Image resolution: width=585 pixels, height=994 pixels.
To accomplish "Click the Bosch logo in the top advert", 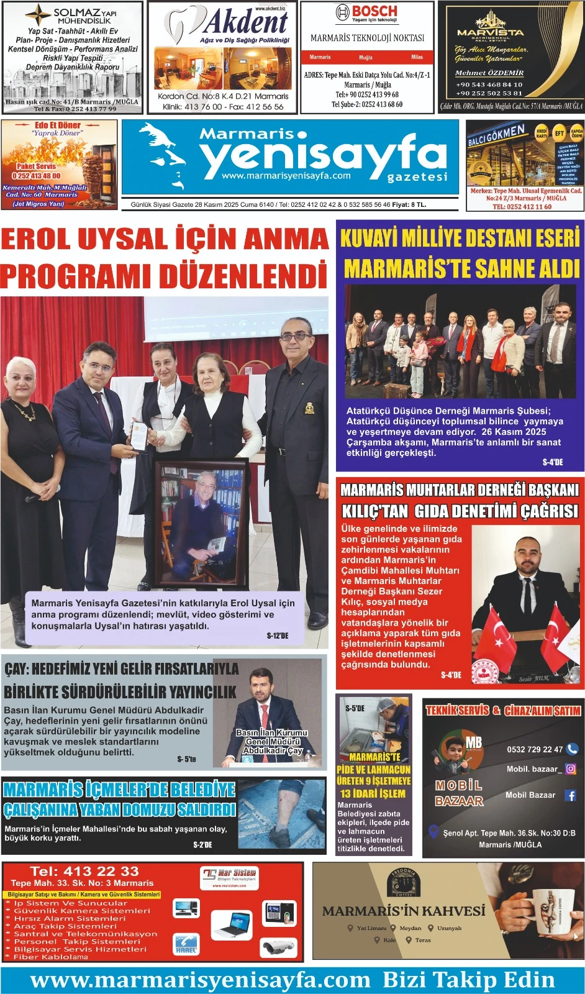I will (x=366, y=12).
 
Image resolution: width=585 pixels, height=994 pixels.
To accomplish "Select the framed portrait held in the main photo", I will (x=201, y=525).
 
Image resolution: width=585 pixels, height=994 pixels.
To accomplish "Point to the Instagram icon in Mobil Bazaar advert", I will (x=571, y=768).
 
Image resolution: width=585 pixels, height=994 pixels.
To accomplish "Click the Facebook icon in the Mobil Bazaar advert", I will (x=570, y=795).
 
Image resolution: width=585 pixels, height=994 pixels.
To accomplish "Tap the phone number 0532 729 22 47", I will (x=535, y=749).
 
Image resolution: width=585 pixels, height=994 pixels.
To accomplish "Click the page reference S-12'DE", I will (x=278, y=636).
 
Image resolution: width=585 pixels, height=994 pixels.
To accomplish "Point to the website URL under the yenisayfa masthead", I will (x=286, y=176).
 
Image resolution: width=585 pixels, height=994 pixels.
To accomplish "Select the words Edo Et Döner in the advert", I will (x=58, y=125).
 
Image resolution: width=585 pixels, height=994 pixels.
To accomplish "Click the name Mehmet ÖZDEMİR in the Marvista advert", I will (x=489, y=73).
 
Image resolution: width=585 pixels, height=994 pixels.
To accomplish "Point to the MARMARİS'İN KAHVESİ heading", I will (x=404, y=911).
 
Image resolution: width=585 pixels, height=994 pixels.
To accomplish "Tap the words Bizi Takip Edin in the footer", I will (x=468, y=980).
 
